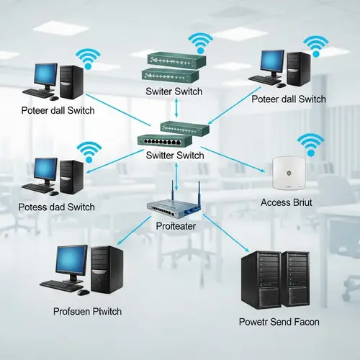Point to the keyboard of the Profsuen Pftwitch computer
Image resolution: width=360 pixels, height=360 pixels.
pos(61,286)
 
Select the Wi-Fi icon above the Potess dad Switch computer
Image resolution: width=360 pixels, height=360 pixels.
pos(89,151)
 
